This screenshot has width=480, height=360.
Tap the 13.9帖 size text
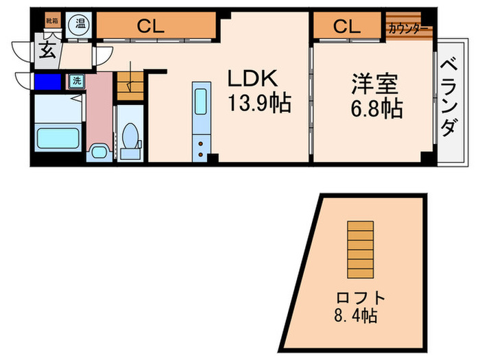coord(259,104)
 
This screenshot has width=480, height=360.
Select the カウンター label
coord(409,29)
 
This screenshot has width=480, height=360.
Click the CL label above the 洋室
coord(347,27)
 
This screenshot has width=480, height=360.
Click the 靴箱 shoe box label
coord(52,21)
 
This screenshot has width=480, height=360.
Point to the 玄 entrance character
coord(47,51)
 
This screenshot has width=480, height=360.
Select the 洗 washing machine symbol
coord(76,81)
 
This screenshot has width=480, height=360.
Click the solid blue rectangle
coord(48,82)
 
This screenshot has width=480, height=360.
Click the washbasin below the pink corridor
coord(98,151)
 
